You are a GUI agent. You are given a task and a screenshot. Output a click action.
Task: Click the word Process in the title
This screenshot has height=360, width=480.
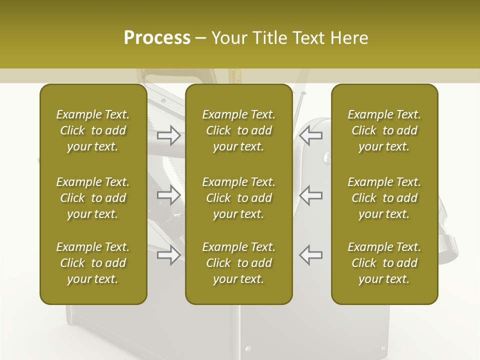click(x=157, y=38)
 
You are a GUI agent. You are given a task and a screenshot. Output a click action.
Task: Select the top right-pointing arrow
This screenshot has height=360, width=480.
click(x=169, y=135)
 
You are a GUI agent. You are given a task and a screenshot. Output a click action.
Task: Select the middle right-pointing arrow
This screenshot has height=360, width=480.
click(x=169, y=195)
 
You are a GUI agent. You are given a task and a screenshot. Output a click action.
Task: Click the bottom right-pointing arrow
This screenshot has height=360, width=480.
click(x=169, y=255)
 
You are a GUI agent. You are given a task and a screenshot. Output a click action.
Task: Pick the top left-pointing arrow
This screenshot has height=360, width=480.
click(x=311, y=135)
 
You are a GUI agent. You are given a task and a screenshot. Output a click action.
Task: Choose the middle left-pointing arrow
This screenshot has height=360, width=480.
click(x=311, y=195)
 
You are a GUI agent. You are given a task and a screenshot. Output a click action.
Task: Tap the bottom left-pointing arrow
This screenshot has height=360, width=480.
click(x=311, y=255)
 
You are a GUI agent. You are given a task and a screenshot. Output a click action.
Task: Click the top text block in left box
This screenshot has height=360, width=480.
click(x=93, y=130)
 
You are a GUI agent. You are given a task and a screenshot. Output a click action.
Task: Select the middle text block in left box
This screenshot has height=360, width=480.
click(x=93, y=198)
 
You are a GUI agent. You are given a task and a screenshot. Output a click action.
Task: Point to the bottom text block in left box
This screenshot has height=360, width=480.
click(x=93, y=263)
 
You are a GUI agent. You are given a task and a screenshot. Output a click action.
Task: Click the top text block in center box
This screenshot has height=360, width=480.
click(x=239, y=130)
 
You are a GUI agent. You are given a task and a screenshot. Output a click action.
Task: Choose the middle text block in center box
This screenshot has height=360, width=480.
click(x=239, y=198)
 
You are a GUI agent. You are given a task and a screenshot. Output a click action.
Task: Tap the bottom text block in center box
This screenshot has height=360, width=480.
click(x=239, y=263)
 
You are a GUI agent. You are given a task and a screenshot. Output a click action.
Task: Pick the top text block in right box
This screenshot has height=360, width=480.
click(x=384, y=130)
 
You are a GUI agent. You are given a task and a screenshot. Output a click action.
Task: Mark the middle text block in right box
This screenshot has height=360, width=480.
click(x=384, y=198)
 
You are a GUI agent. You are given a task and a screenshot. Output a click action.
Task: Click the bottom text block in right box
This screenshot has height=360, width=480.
click(x=384, y=263)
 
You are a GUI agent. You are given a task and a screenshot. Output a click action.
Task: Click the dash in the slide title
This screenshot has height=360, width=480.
click(x=201, y=38)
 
